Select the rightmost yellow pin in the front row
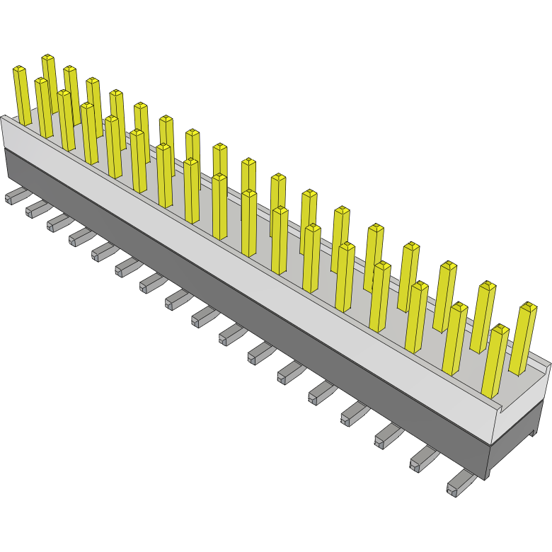click(x=495, y=361)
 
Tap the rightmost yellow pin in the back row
click(x=524, y=340)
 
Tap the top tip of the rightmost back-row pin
click(x=529, y=306)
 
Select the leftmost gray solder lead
click(x=14, y=196)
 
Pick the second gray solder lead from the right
click(x=422, y=459)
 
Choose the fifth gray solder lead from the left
click(x=103, y=251)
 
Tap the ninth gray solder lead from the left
click(x=202, y=316)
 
